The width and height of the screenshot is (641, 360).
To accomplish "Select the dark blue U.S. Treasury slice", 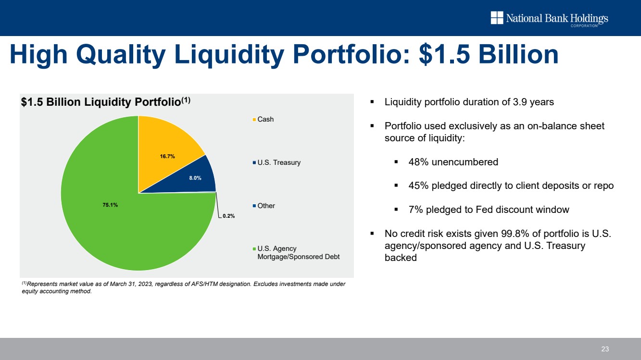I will pos(200,175).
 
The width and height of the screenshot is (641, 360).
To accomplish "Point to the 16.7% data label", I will pos(167,156).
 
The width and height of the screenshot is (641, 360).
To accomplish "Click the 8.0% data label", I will pos(195,178).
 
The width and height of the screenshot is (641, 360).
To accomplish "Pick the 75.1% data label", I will pos(110,205).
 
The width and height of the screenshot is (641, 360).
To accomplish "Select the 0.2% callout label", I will pos(228,216).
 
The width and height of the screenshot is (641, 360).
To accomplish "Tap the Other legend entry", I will pos(266,206).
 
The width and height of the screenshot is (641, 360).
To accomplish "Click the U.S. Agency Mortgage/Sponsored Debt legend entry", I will pos(298,253).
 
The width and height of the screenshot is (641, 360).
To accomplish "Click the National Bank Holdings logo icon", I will pos(496,18).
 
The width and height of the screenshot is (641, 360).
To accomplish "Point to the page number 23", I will pos(605,349).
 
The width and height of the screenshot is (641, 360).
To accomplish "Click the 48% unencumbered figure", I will pos(418,162).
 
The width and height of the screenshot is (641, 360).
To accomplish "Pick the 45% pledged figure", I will pos(418,186).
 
